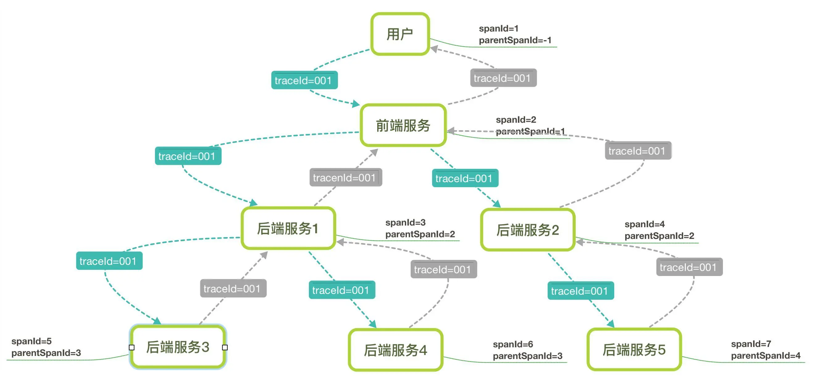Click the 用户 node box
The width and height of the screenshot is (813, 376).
click(400, 34)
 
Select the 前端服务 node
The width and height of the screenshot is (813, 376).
click(403, 125)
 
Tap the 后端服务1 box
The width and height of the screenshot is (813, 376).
click(288, 228)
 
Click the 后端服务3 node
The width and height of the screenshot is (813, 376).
click(178, 347)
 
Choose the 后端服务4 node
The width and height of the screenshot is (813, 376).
click(395, 350)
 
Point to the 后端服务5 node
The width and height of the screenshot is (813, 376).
click(634, 349)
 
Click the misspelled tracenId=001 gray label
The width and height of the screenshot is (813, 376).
click(346, 178)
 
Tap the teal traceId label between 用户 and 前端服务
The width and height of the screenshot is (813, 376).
click(304, 80)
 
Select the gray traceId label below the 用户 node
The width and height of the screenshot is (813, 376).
click(503, 78)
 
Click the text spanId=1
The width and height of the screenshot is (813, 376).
click(498, 28)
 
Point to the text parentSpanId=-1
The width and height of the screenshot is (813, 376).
click(515, 40)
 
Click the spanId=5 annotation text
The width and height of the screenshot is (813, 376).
click(31, 341)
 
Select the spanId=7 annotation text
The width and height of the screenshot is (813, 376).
click(751, 344)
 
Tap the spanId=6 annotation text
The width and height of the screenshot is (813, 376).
click(513, 344)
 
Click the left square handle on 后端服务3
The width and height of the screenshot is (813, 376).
click(131, 347)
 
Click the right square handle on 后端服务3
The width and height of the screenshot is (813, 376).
click(225, 347)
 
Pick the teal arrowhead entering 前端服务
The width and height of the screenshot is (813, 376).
click(356, 103)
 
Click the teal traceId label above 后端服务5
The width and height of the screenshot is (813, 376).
click(580, 290)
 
